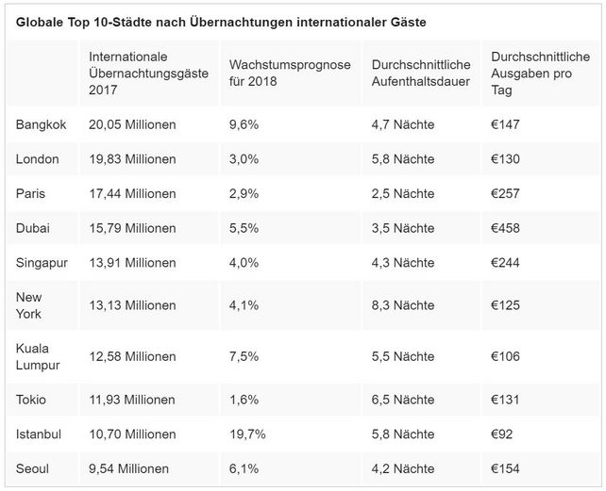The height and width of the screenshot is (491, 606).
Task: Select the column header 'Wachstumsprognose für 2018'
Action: coord(290,73)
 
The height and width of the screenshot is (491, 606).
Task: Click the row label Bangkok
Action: coord(42,124)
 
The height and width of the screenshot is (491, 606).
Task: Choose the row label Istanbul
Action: coord(40,434)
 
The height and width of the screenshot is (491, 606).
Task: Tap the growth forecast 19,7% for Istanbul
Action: coord(247,434)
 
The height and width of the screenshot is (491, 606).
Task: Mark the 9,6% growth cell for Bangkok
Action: coord(244,124)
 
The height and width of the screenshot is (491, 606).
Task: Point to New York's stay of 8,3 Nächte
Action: coord(403,305)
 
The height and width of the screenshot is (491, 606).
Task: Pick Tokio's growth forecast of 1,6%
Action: coord(244,400)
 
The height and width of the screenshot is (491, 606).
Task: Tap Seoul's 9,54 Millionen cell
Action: coord(128,468)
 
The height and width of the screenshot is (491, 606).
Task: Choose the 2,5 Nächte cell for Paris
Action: coord(403,194)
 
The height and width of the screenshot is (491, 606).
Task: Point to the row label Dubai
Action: coord(33,228)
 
